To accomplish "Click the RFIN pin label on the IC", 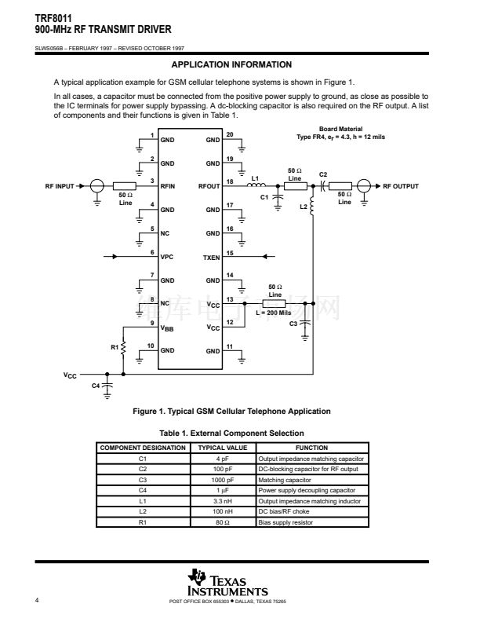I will tap(168, 187).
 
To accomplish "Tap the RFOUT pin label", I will tap(209, 187).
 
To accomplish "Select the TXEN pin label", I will tap(212, 257).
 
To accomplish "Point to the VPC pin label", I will tap(167, 257).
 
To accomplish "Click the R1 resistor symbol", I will tap(122, 346).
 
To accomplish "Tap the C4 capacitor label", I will tap(96, 386).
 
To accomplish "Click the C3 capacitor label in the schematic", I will tap(293, 323).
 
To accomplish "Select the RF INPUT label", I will tap(60, 187).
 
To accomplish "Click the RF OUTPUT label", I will tap(401, 187).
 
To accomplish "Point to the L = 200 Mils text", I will tap(274, 313).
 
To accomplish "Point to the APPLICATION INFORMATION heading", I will tap(231, 64).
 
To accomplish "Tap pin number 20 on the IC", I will tap(230, 134).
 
